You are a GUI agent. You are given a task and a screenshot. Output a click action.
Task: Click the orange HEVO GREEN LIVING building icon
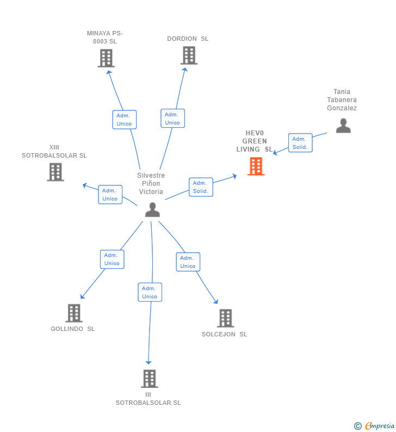256,166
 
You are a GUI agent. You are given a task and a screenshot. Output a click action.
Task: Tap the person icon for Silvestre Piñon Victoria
152,210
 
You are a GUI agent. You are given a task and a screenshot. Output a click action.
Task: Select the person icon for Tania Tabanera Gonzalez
343,126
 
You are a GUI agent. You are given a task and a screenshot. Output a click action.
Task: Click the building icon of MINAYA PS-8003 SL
106,58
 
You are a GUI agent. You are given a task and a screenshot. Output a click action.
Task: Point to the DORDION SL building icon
189,55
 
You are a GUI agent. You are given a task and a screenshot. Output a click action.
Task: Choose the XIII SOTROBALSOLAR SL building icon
55,172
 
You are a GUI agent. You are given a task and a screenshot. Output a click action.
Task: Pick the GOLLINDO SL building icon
74,313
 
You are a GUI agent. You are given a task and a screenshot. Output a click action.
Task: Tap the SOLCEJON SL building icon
226,318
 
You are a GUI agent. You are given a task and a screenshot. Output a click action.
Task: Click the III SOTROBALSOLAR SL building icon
150,379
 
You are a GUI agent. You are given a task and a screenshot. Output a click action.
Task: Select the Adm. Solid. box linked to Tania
300,143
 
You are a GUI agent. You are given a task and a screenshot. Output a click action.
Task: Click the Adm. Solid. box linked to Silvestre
201,187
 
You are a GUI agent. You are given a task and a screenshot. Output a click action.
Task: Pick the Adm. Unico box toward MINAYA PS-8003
125,120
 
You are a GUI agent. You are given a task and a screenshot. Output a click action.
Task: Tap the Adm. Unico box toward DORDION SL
172,118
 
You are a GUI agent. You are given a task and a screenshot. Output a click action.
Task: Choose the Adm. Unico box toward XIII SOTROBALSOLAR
110,195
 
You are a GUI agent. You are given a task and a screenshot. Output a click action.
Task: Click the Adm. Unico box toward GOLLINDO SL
112,259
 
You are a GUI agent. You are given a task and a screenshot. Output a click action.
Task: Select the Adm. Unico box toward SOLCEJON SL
188,262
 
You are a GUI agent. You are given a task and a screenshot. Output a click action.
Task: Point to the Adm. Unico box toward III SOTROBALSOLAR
150,292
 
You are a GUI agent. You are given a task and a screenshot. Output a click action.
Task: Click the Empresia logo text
380,426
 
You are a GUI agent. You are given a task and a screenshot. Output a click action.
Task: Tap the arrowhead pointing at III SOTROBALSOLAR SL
148,362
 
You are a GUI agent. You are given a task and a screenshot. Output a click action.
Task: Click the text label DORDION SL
188,39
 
